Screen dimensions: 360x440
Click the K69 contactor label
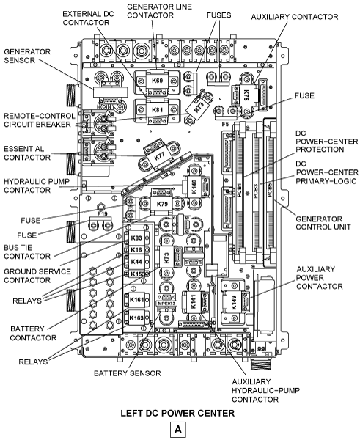157,81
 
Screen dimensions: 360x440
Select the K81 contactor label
157,109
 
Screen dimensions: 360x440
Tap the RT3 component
199,108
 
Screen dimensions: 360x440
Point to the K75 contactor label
246,95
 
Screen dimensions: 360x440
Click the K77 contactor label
159,156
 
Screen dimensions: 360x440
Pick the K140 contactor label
194,186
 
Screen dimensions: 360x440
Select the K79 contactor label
162,204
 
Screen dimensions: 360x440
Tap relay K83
136,238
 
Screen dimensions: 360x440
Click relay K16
136,250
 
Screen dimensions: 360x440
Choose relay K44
136,262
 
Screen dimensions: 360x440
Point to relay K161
137,300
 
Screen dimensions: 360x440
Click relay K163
137,318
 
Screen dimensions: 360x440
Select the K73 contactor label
166,258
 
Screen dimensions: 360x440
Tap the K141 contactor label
194,302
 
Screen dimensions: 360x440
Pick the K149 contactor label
234,303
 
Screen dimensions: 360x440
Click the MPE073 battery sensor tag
166,304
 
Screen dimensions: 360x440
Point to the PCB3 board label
256,191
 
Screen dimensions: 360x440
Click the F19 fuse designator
103,214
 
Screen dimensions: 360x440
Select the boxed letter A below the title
178,430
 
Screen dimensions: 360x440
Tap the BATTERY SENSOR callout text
128,373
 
